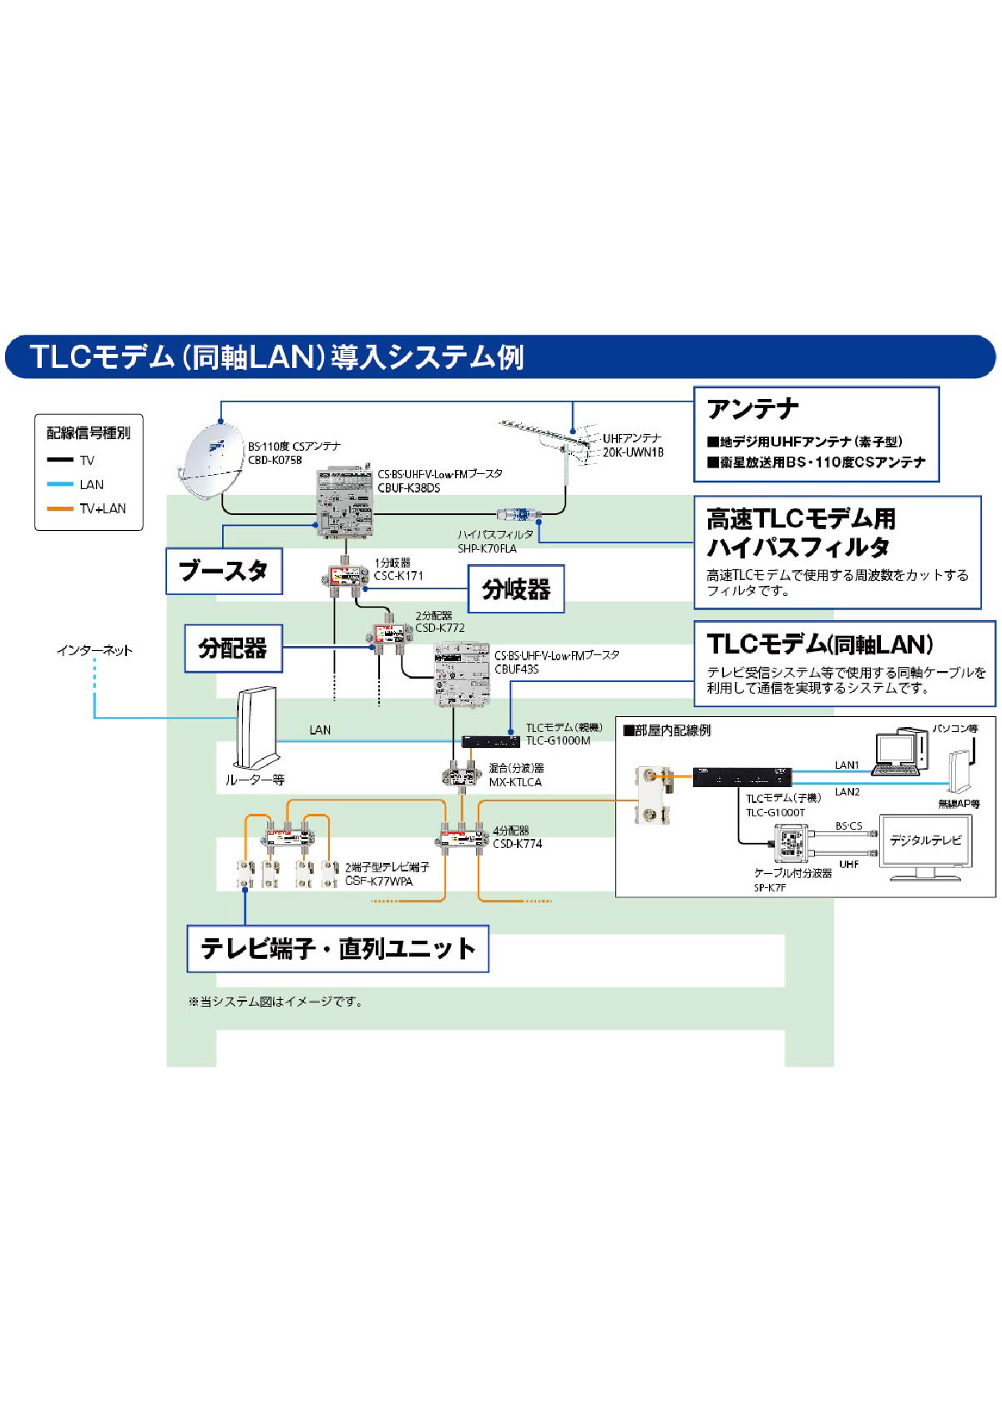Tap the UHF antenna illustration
coord(551,441)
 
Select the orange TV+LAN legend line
coord(60,508)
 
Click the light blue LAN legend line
coord(60,484)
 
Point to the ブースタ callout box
coord(224,571)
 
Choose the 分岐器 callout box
coord(516,589)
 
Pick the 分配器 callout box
coord(233,649)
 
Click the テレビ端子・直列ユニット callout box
coord(337,948)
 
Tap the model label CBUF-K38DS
coord(408,488)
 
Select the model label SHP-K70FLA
coord(487,548)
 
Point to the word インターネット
coord(94,650)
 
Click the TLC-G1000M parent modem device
coord(491,741)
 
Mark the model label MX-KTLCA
coord(515,782)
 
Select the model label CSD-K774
coord(517,844)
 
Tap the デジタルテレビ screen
coord(925,841)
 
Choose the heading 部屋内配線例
coord(668,730)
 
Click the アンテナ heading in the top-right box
coord(753,409)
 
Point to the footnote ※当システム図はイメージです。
coord(276,1002)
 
